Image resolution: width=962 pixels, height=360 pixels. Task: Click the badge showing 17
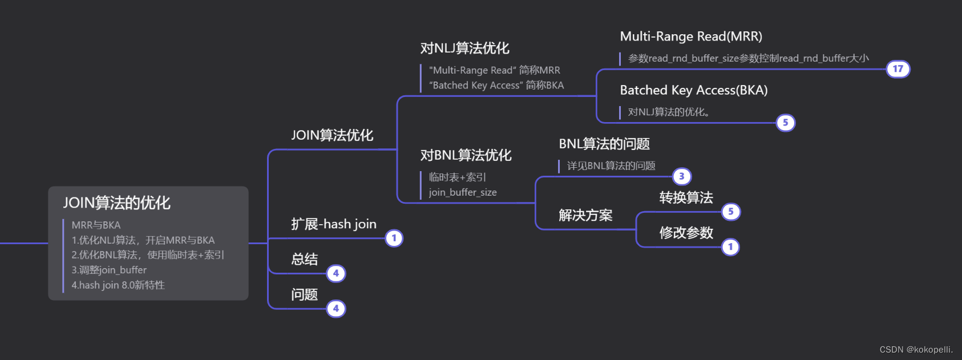(898, 69)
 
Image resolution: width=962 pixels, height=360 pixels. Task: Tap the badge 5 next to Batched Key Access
(785, 123)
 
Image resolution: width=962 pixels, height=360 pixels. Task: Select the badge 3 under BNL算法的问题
(681, 176)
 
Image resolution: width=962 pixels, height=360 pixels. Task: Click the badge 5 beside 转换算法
(730, 212)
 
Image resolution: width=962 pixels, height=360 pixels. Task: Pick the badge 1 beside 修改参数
(730, 247)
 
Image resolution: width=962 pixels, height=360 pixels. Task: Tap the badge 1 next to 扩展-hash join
(394, 238)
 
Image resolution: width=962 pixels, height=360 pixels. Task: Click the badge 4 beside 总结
(336, 273)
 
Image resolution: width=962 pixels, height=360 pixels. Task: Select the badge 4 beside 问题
(336, 309)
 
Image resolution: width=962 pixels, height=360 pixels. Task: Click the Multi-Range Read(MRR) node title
(690, 37)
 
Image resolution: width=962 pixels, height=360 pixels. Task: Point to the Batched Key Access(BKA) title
(693, 90)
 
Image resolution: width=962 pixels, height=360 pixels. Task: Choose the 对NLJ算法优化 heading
(464, 48)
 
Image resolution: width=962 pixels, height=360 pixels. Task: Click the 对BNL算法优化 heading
(466, 155)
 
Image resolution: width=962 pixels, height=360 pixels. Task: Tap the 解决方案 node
(585, 215)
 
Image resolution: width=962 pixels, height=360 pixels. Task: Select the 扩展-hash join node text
(333, 224)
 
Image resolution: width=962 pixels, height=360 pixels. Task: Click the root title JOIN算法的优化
(116, 203)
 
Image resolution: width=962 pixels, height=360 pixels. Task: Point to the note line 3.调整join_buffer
(109, 270)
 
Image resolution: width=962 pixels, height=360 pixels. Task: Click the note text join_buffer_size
(463, 192)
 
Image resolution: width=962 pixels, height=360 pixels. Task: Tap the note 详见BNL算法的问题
(611, 166)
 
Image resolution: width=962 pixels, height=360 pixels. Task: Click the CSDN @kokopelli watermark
(916, 350)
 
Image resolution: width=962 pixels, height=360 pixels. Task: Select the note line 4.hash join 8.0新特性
(118, 285)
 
